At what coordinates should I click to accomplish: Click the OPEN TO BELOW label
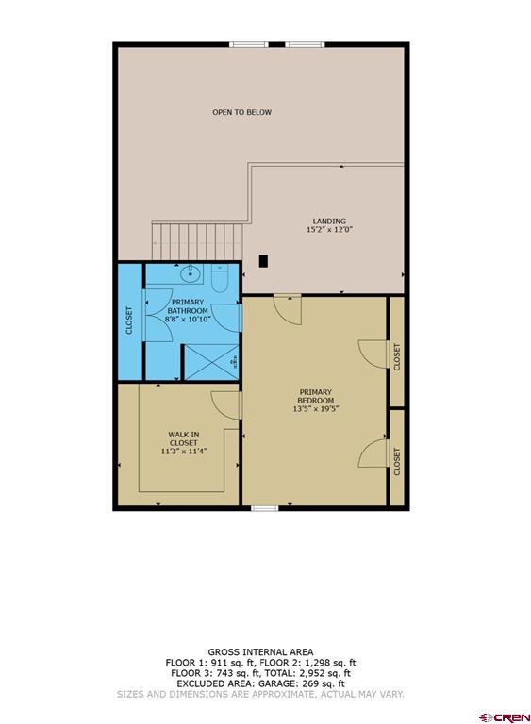coord(241,112)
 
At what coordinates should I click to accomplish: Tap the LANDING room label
coord(329,222)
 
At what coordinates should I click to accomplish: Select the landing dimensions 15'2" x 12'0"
coord(329,229)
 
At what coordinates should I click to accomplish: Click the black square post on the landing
coord(263,261)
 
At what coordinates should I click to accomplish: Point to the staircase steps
coord(197,241)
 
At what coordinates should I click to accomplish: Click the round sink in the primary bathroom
coord(190,274)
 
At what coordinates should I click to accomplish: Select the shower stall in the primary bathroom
coord(211,362)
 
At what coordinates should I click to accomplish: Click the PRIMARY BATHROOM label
coord(188,306)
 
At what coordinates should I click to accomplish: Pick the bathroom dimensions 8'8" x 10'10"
coord(188,319)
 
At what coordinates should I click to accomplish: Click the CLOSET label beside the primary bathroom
coord(129,321)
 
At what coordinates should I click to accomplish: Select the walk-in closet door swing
coord(226,405)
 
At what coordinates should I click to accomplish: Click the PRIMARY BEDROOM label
coord(316,396)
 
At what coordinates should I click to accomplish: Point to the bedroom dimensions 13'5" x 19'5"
coord(316,408)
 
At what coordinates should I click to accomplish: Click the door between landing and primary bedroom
coord(288,309)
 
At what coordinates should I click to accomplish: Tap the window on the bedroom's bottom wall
coord(265,508)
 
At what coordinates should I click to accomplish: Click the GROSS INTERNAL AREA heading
coord(260,652)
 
